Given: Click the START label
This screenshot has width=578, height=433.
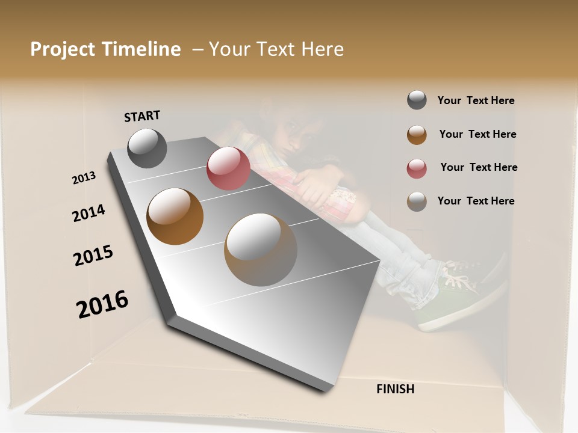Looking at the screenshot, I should point(142,116).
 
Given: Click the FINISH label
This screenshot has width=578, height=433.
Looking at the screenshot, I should point(395,389).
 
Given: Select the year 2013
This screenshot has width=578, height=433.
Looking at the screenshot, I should point(84,178).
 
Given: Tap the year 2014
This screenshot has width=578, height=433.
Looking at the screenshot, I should point(89,213).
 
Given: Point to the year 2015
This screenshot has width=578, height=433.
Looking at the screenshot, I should point(93,256).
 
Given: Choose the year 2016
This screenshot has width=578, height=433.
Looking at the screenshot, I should point(102,304).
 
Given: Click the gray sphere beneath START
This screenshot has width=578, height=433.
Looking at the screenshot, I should point(147,148).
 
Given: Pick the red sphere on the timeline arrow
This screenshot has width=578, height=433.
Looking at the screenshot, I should point(228,168).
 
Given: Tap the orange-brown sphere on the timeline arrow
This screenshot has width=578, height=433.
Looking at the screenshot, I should point(175,216).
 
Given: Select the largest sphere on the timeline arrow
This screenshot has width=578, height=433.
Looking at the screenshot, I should point(261,250).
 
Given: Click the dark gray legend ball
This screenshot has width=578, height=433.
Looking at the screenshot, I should point(417,100).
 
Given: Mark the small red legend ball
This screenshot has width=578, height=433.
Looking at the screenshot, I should point(417,168).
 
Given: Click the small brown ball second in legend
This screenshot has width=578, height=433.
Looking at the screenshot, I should point(417,135).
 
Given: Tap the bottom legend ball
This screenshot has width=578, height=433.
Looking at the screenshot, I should point(417,201).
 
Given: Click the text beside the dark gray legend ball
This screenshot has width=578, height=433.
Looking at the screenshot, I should point(476,100).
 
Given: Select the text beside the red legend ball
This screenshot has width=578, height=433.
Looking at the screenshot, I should point(479,167).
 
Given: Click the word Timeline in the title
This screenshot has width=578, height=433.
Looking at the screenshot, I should point(141,49).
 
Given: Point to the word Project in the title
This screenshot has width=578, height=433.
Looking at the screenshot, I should point(62,49).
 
